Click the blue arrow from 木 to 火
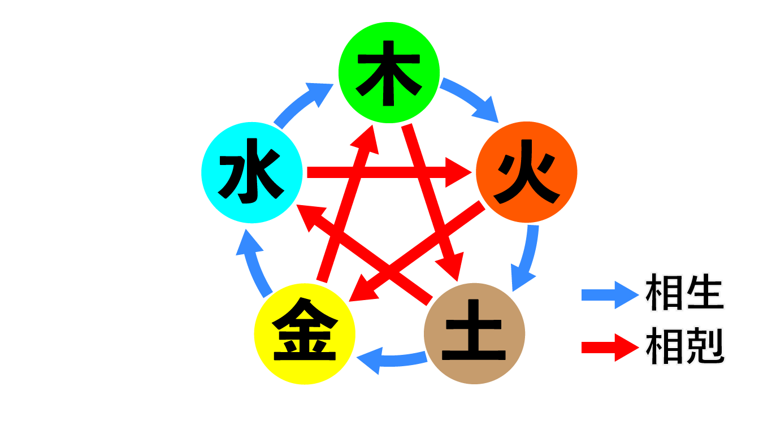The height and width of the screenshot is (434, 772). click(x=471, y=99)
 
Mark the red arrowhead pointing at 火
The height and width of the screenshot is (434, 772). click(x=459, y=172)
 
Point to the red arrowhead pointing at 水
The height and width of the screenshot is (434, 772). click(x=310, y=217)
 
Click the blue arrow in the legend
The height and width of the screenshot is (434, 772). click(x=610, y=294)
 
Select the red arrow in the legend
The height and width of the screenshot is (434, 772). click(x=610, y=347)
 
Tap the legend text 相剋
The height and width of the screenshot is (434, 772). click(x=684, y=346)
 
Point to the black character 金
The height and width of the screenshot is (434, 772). click(x=305, y=333)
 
